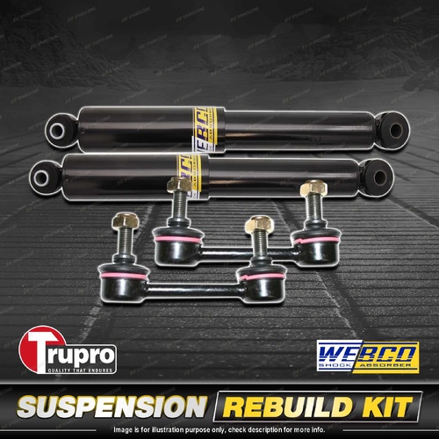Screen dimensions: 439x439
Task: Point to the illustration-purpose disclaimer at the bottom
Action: coord(219,428)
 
